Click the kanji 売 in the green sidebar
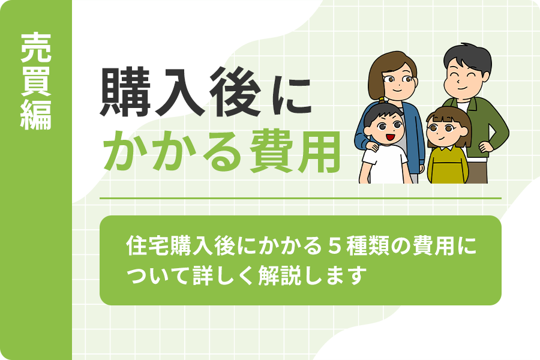(x=36, y=47)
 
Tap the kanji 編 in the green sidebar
(x=36, y=115)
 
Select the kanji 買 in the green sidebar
(x=36, y=82)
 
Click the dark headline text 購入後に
(x=206, y=92)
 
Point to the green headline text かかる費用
(x=221, y=152)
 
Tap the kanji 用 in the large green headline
(x=319, y=152)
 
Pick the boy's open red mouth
(x=389, y=137)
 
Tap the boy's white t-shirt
(x=386, y=164)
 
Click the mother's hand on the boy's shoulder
(x=372, y=146)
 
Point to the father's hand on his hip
(x=485, y=146)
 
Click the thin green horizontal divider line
(x=301, y=199)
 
